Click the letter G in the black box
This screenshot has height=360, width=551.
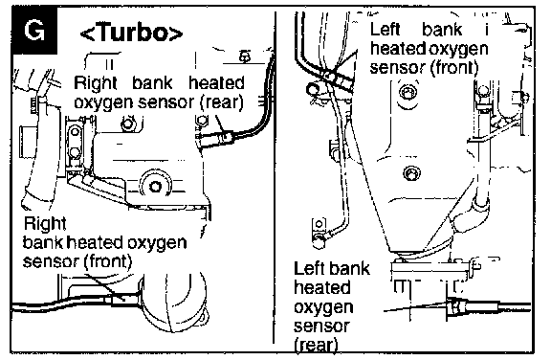(x=34, y=31)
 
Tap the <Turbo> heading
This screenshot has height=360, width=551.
(x=132, y=33)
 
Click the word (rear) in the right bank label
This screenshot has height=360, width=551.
(x=221, y=102)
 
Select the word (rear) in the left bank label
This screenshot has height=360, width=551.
(x=316, y=345)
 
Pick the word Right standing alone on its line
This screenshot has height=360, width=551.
(x=45, y=224)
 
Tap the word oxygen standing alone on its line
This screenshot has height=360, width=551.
(x=323, y=307)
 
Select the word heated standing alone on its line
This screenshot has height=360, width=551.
(x=321, y=287)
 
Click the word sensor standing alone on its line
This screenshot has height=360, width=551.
(x=321, y=326)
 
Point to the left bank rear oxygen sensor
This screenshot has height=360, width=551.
(x=457, y=305)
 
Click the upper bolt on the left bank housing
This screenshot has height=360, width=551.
(x=408, y=93)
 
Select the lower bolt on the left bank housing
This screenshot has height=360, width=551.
(x=410, y=172)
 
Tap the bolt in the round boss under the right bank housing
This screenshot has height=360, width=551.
(x=155, y=187)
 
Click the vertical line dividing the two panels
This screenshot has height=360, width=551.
(x=275, y=177)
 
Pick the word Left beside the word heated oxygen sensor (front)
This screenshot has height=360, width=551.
(x=386, y=29)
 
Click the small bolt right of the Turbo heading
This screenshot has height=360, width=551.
(x=245, y=56)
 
